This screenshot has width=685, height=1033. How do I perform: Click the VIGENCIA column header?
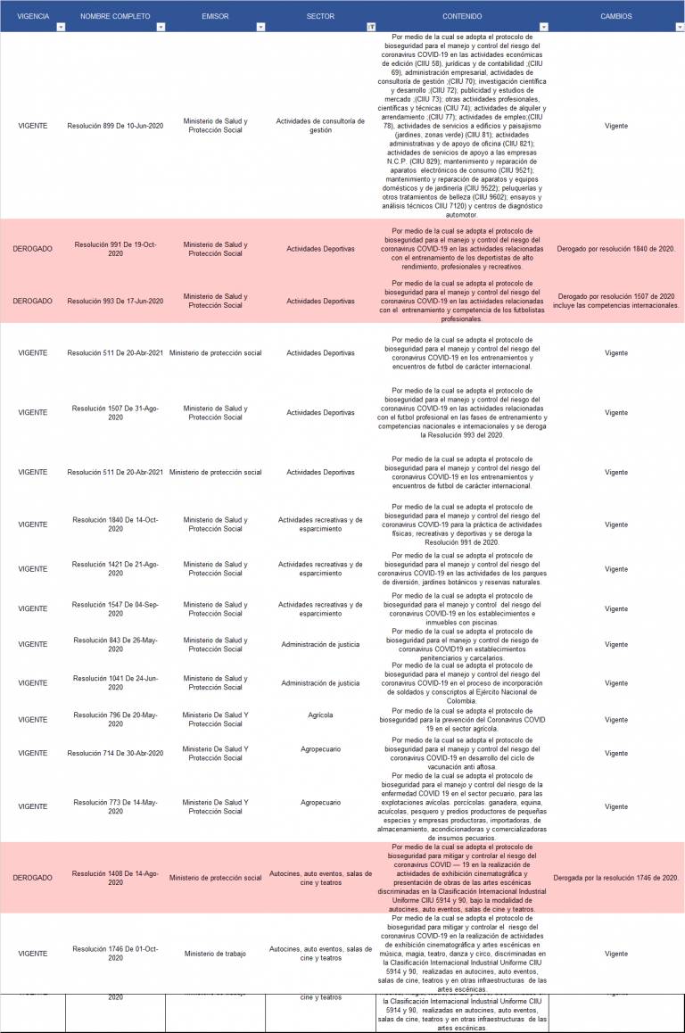point(33,16)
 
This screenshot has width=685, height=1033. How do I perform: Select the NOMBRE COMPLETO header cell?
point(115,16)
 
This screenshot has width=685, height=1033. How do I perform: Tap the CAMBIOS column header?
point(616,16)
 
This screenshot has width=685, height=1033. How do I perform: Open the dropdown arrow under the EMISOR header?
point(260,28)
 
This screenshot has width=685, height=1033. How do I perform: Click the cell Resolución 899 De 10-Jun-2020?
point(115,126)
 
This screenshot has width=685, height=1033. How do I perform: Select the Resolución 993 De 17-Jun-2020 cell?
point(115,302)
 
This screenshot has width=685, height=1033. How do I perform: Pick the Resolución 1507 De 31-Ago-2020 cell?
point(115,413)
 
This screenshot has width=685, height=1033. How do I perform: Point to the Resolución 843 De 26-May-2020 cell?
point(115,645)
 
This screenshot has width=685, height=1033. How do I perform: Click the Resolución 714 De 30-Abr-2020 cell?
point(115,754)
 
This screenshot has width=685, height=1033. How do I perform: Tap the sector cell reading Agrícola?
point(320,715)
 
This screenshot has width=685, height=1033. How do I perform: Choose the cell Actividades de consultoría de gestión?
point(320,126)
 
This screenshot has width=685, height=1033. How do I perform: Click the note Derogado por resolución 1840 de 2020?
point(616,249)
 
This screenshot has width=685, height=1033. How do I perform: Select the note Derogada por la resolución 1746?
point(616,879)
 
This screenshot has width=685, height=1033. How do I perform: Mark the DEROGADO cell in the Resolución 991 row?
point(33,249)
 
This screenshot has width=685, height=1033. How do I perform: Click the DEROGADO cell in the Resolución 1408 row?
point(33,879)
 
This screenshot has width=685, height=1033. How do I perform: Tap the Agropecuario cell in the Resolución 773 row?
point(320,803)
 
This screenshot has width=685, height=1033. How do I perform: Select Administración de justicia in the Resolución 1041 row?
point(320,683)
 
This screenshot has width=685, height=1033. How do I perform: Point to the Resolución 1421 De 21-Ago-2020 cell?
point(115,569)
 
